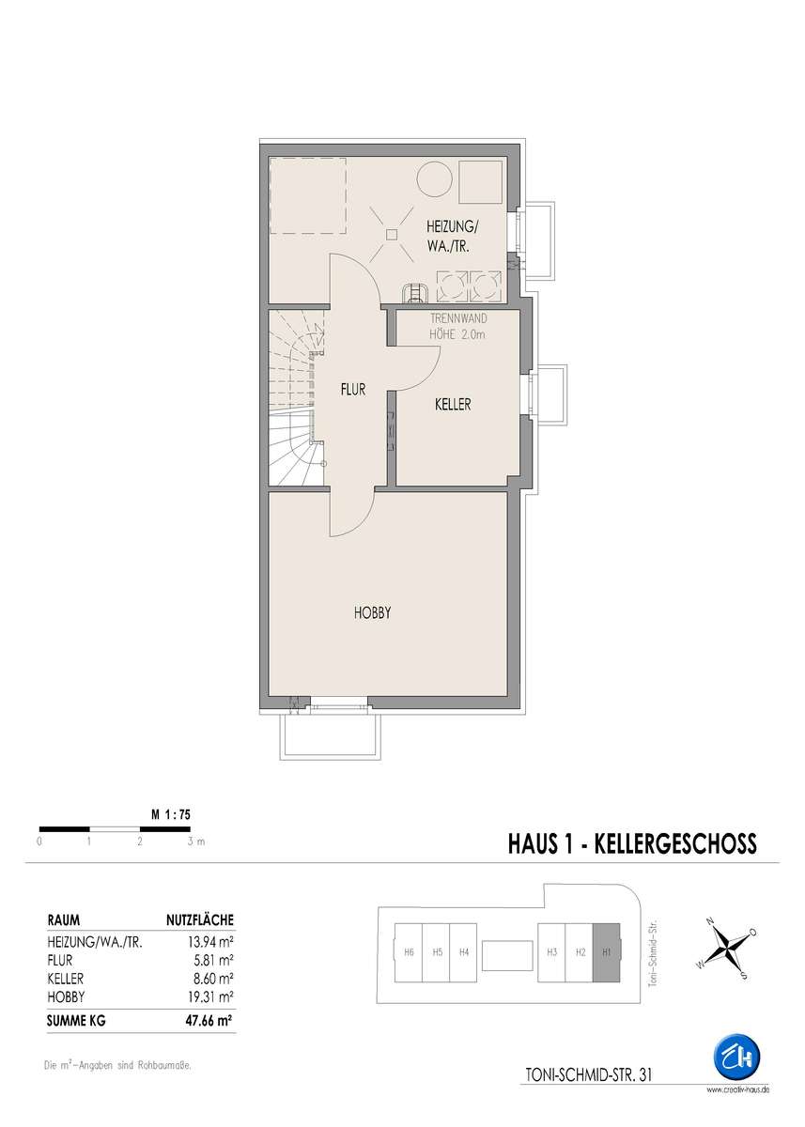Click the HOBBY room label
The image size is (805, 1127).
[372, 612]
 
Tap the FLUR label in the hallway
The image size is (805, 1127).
[352, 389]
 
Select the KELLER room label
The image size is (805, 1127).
[453, 404]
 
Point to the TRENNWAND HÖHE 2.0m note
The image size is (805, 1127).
[457, 326]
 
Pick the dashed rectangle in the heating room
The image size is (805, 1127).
[308, 195]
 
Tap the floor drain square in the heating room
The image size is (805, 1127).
[392, 234]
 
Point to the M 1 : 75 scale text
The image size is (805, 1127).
[171, 814]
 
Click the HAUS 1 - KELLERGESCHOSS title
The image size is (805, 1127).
[632, 844]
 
